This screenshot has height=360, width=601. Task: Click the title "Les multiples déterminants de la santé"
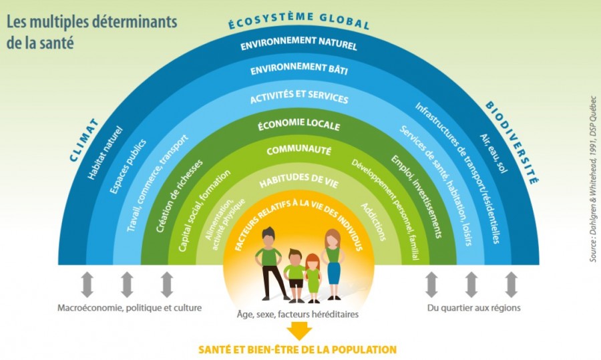92,32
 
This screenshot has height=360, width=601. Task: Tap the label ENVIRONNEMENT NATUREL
299,43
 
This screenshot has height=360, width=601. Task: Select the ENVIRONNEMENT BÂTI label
299,69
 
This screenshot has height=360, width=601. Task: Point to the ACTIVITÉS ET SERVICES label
299,97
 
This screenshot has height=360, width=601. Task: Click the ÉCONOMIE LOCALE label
299,124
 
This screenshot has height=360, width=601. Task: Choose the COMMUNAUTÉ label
299,150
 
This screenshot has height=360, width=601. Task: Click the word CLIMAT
84,140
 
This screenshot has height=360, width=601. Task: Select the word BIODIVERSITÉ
512,143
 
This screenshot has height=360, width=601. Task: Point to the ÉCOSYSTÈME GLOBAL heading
299,20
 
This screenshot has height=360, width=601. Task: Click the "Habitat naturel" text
106,152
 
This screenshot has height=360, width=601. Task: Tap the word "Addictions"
373,222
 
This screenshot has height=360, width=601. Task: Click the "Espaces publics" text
128,166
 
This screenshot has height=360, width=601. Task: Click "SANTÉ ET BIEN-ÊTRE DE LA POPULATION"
297,349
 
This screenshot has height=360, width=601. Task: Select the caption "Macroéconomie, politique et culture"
130,308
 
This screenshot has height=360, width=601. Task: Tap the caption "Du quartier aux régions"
474,308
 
